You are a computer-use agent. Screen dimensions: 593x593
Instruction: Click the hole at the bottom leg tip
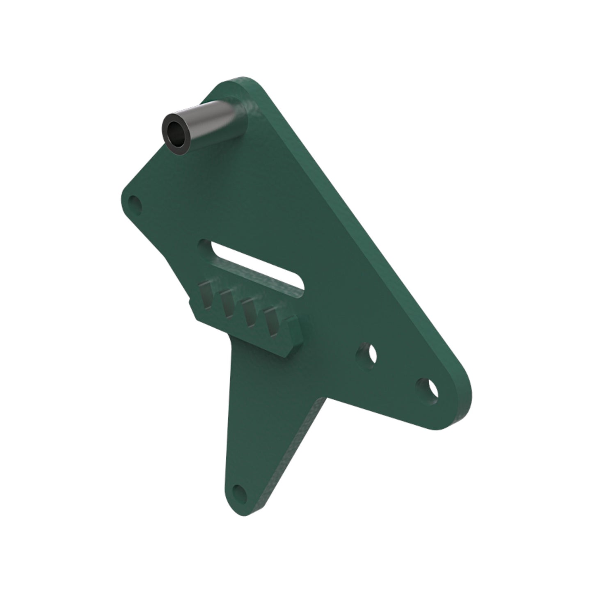point(238,491)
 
